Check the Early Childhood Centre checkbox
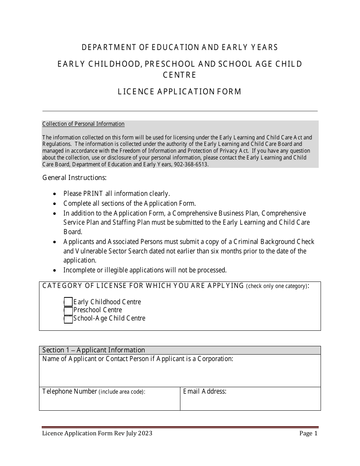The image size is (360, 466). click(x=68, y=302)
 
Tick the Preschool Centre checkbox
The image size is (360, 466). click(x=68, y=310)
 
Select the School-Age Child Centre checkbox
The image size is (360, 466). click(x=68, y=319)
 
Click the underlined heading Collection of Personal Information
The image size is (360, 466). click(x=83, y=124)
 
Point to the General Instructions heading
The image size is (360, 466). click(x=74, y=177)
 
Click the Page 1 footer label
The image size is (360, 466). click(x=308, y=433)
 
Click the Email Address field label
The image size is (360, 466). click(x=205, y=391)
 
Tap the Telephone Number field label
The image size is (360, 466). click(x=70, y=391)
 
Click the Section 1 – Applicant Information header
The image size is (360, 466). click(x=94, y=350)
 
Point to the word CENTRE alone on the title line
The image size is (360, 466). click(x=180, y=75)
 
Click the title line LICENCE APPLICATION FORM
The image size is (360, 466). click(x=180, y=92)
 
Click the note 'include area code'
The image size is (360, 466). click(x=122, y=392)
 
